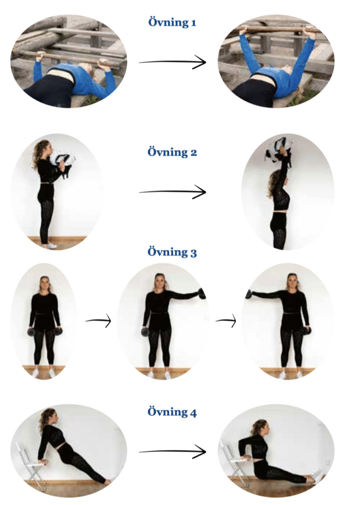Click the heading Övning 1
point(172,22)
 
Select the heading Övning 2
point(172,152)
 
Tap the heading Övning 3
point(172,252)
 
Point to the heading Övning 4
point(172,412)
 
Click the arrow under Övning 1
point(172,62)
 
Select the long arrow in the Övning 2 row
point(172,192)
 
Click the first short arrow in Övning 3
point(98,321)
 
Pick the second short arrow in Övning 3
point(226,321)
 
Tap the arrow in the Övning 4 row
point(172,452)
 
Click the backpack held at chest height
point(65,165)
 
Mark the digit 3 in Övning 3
point(193,253)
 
